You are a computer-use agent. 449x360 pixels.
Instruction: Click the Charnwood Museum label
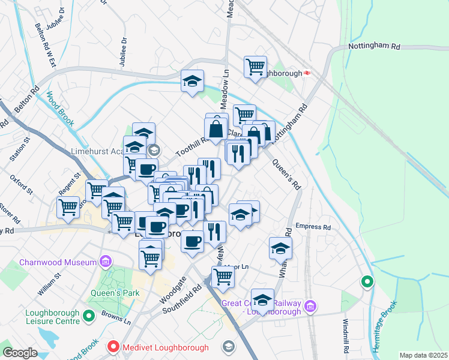(x=58, y=262)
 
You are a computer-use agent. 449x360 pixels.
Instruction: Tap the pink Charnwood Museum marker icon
(x=106, y=262)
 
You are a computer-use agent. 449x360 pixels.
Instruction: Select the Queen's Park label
(x=115, y=293)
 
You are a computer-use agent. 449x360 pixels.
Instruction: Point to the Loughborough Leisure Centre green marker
(x=89, y=314)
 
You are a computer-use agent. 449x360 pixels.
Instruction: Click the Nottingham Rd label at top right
(x=374, y=46)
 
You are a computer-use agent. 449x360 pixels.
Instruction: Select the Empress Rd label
(x=313, y=227)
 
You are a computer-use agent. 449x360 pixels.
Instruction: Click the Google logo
(x=20, y=353)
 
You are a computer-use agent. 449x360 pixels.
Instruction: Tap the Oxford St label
(x=21, y=185)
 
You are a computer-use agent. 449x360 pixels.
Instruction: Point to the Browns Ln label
(x=119, y=317)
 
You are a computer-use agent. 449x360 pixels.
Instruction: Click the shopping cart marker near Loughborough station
(x=255, y=66)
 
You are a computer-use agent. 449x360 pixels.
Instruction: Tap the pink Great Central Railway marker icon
(x=310, y=307)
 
